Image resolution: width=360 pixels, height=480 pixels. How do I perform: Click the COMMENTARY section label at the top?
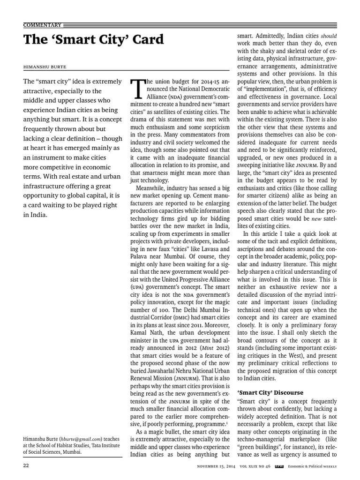point(42,25)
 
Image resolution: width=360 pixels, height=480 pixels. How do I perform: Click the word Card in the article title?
point(146,40)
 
